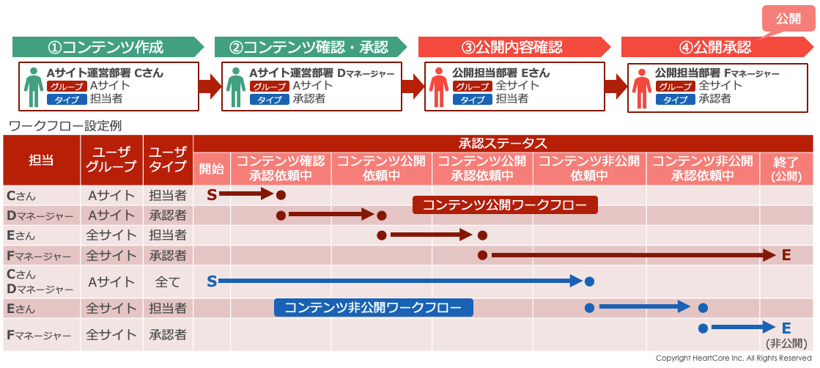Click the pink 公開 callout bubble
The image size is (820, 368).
788,18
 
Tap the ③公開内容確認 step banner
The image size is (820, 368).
513,48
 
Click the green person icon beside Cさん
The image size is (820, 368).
33,87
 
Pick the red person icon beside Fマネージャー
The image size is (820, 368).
641,87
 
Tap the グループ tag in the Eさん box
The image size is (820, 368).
472,87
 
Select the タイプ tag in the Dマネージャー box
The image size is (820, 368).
269,100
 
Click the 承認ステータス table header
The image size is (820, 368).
503,144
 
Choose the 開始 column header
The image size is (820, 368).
212,169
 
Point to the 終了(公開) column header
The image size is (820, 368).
786,169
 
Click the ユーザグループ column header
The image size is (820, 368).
111,161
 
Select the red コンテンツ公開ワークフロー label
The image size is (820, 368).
505,205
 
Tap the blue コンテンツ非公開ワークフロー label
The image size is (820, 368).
373,307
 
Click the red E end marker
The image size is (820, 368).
786,255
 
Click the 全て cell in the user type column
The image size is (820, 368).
168,281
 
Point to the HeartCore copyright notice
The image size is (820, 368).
734,358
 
